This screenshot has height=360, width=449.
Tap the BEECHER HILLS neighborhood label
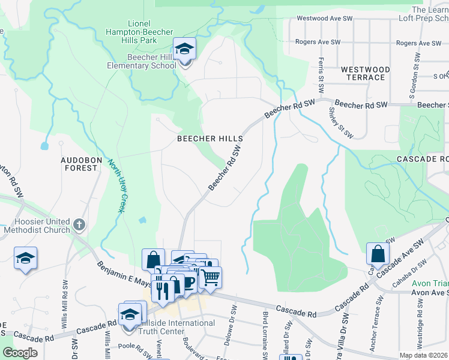210,139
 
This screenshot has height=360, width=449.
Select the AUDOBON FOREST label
79,164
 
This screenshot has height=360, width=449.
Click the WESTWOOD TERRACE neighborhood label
365,74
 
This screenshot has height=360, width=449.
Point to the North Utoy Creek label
116,186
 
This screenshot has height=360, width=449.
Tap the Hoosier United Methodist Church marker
79,226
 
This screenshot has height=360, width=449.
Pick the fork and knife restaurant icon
163,291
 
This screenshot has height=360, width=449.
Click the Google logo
20,353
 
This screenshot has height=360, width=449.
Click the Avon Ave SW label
429,293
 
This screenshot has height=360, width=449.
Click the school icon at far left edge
25,258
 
